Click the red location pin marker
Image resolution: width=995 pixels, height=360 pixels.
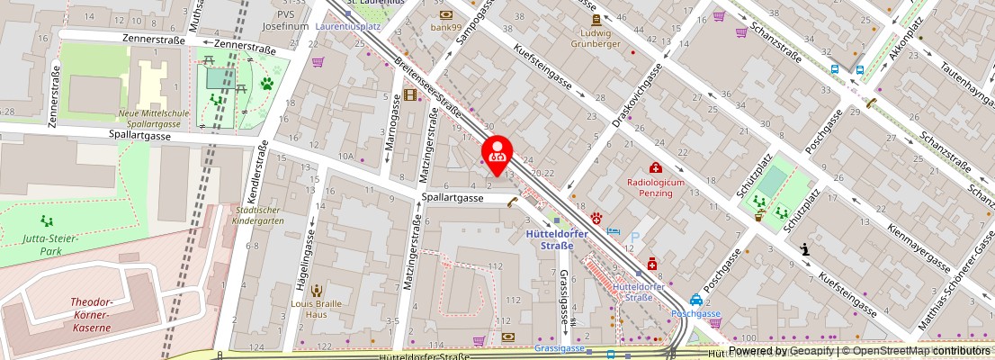click(x=497, y=155)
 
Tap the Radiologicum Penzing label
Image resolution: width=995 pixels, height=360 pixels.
click(x=656, y=187)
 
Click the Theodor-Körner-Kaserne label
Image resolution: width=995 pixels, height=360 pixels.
click(x=93, y=315)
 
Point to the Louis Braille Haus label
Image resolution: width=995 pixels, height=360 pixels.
click(x=316, y=310)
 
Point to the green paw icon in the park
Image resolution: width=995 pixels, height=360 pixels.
click(x=266, y=85)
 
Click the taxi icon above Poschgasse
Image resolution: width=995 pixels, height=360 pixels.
click(x=695, y=301)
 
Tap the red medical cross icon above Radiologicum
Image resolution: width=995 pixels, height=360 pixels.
click(x=656, y=167)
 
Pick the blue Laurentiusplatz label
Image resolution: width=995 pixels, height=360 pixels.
click(x=348, y=27)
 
